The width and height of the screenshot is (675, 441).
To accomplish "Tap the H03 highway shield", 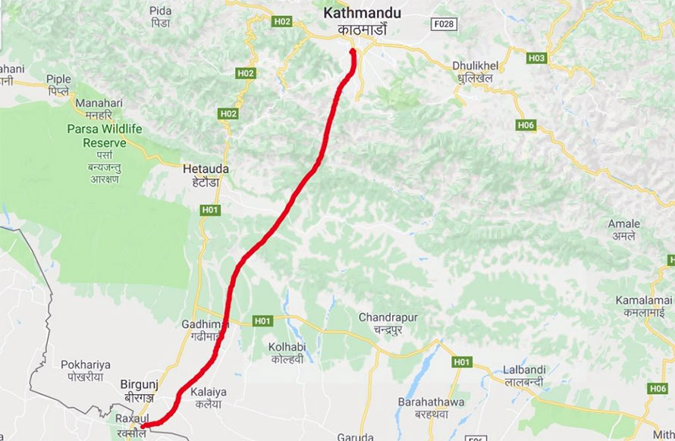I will tap(536, 58).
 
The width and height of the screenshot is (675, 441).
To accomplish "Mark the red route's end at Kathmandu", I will tap(353, 52).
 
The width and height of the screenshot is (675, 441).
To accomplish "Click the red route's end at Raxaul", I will tap(143, 426).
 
